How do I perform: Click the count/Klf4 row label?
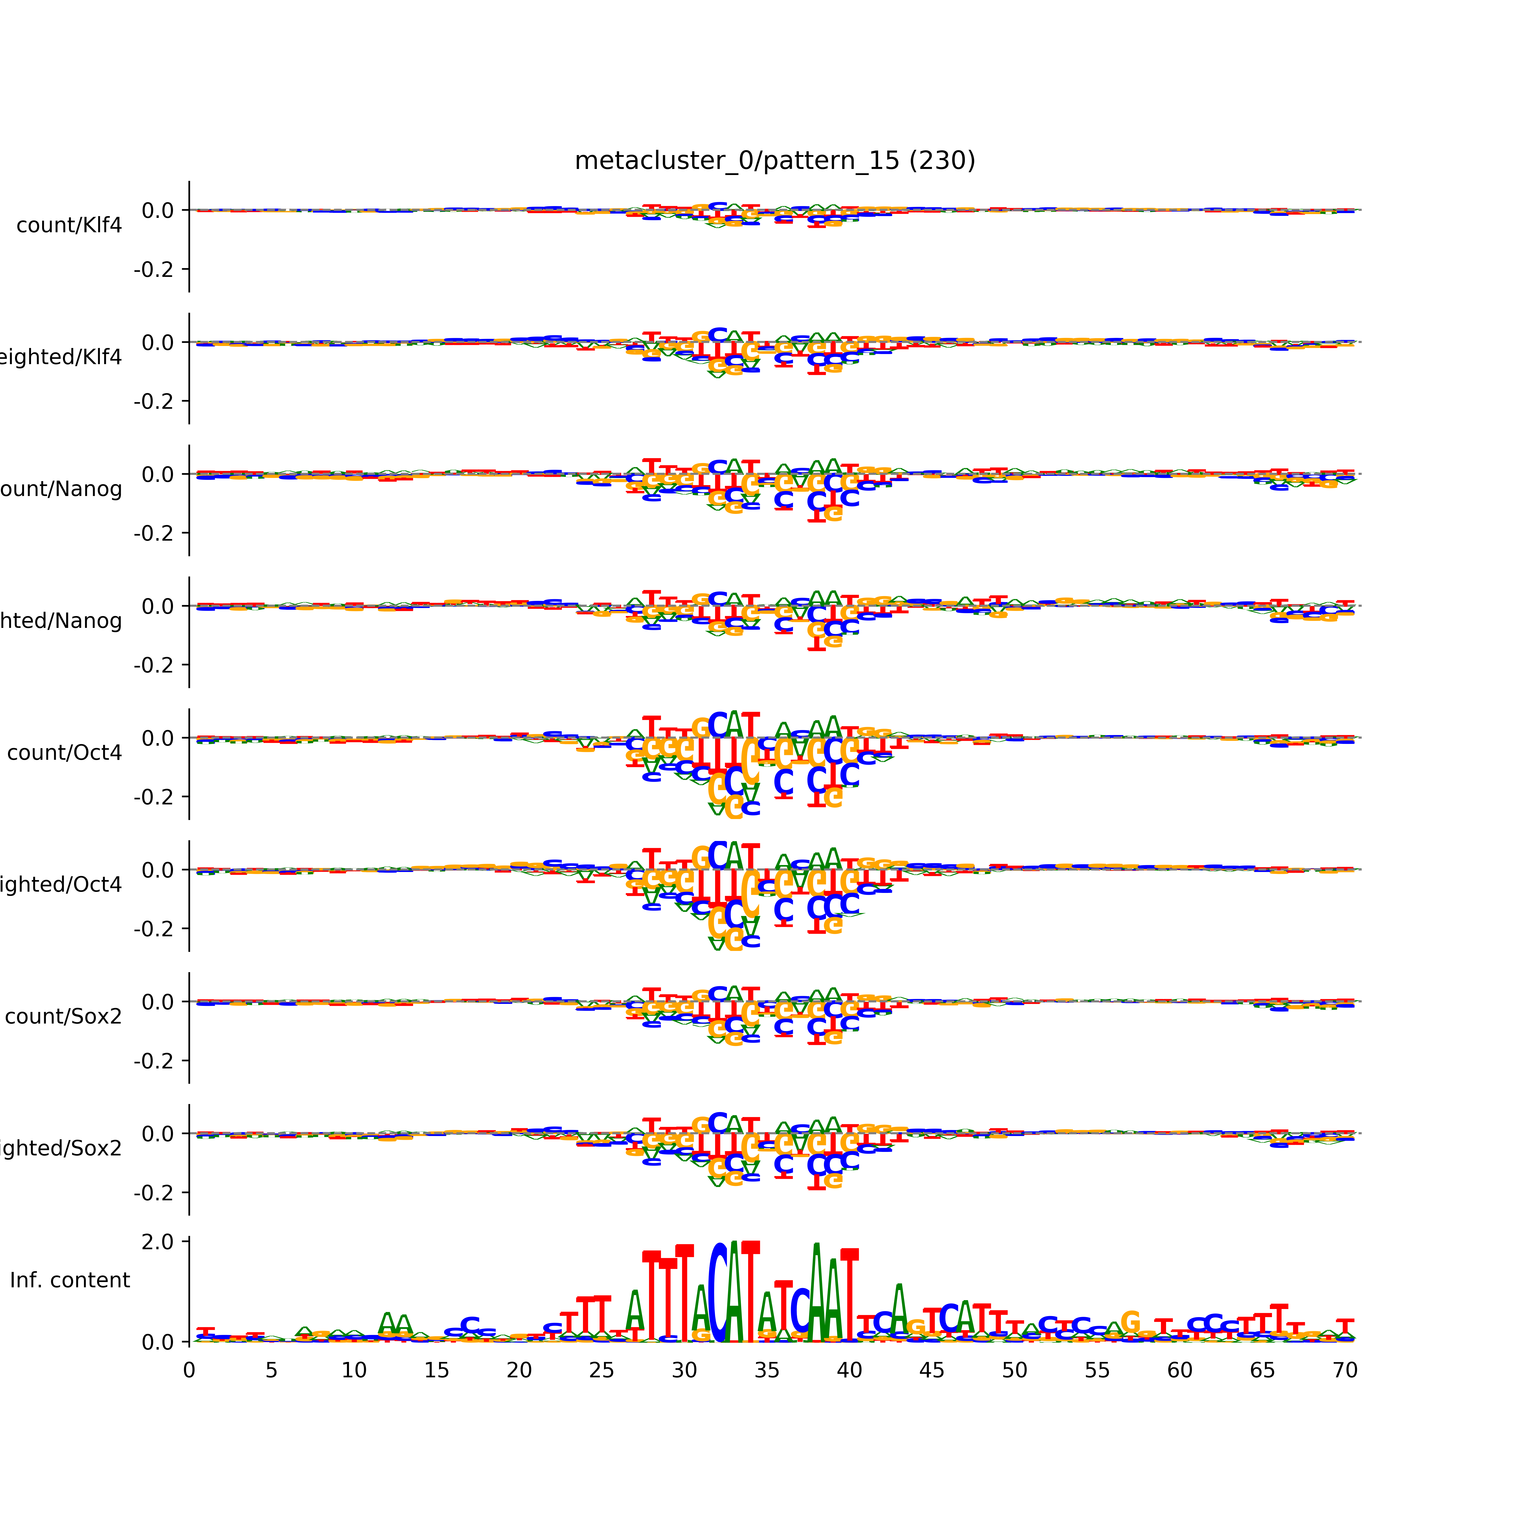(69, 225)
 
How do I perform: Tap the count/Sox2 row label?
(64, 1016)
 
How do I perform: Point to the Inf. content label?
(70, 1280)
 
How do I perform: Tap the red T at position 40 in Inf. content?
(850, 1296)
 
